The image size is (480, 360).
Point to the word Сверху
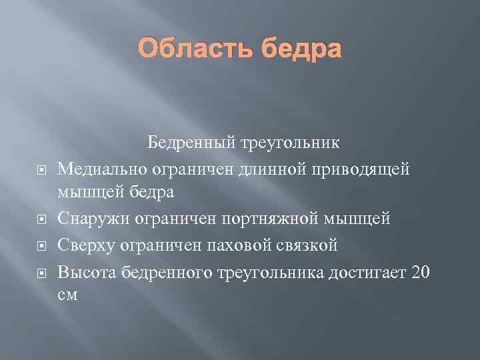(87, 246)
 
